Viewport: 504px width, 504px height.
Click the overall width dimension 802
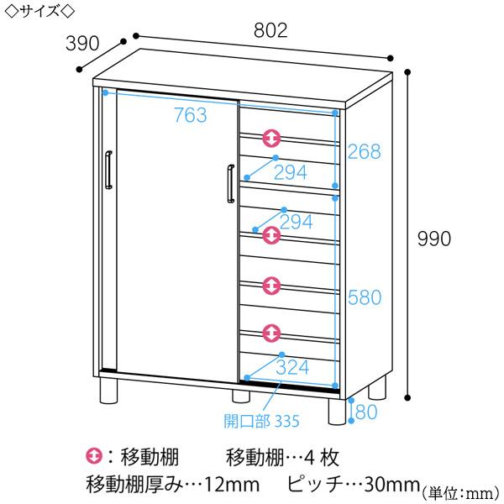pyautogui.click(x=270, y=30)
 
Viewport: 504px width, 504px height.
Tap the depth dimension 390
pyautogui.click(x=82, y=43)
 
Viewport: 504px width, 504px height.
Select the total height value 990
pyautogui.click(x=434, y=239)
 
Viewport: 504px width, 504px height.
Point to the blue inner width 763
pyautogui.click(x=191, y=115)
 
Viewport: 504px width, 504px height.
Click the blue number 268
pyautogui.click(x=365, y=151)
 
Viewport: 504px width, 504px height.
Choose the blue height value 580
pyautogui.click(x=365, y=297)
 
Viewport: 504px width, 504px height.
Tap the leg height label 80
pyautogui.click(x=366, y=412)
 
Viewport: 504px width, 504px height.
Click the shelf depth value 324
pyautogui.click(x=292, y=367)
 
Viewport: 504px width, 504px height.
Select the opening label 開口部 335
pyautogui.click(x=261, y=421)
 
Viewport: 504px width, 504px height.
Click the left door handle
pyautogui.click(x=108, y=170)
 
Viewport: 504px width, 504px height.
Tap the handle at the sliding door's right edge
pyautogui.click(x=231, y=184)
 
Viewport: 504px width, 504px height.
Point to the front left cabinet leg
pyautogui.click(x=108, y=391)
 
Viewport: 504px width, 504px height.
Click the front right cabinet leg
pyautogui.click(x=337, y=412)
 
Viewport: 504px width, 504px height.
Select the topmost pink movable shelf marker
pyautogui.click(x=271, y=139)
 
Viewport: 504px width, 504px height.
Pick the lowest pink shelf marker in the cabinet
pyautogui.click(x=271, y=333)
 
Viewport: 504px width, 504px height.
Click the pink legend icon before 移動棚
pyautogui.click(x=94, y=456)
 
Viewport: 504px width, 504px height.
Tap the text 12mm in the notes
pyautogui.click(x=232, y=485)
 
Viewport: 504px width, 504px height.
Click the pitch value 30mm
pyautogui.click(x=392, y=485)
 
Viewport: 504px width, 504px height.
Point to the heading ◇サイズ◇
pyautogui.click(x=40, y=11)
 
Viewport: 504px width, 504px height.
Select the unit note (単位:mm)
pyautogui.click(x=461, y=493)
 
